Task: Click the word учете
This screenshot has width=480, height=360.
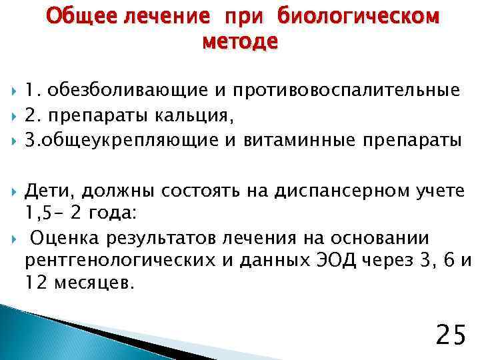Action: pyautogui.click(x=439, y=191)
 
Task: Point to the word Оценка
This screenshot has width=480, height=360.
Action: pyautogui.click(x=65, y=238)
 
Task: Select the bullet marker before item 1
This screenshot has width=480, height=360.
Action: pyautogui.click(x=13, y=91)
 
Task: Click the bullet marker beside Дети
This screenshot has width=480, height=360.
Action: pyautogui.click(x=13, y=192)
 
